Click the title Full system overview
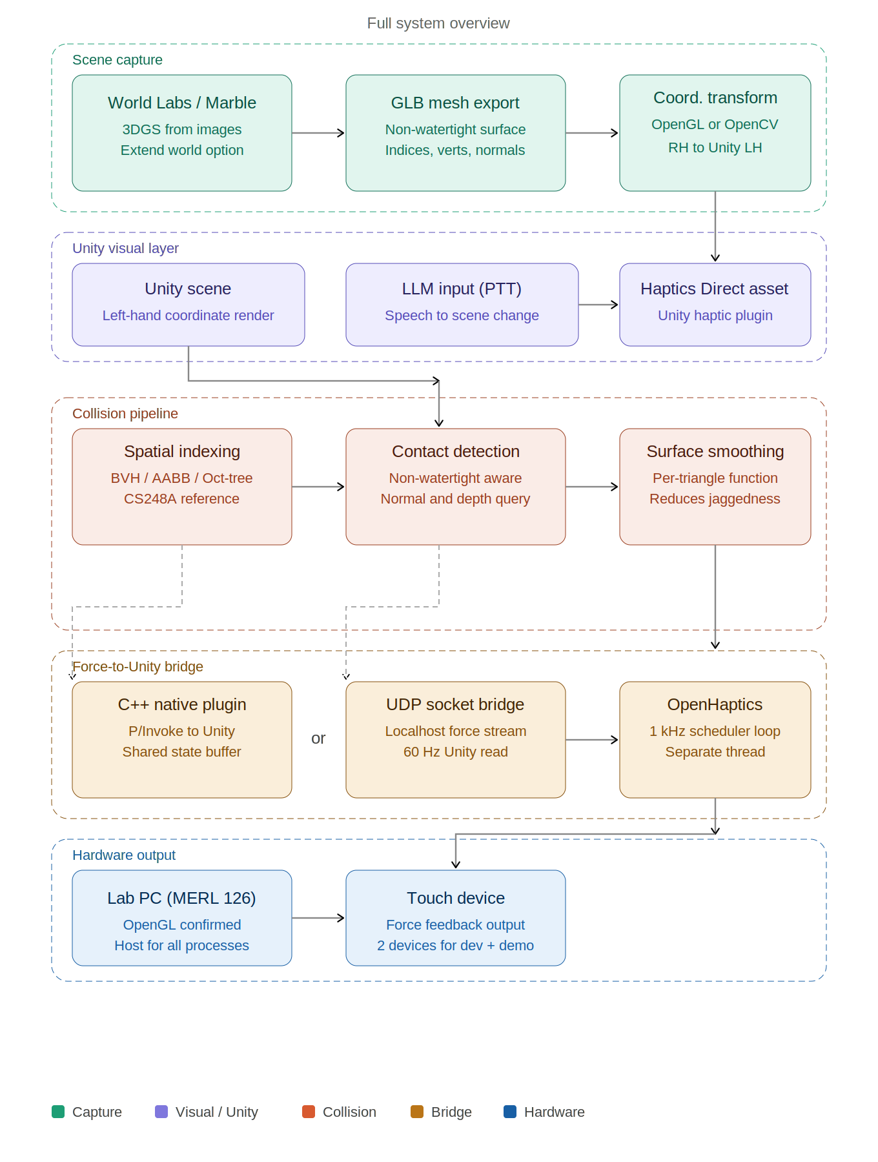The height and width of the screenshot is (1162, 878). (438, 23)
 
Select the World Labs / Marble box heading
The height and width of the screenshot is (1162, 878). (182, 103)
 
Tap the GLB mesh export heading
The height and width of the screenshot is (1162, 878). (455, 103)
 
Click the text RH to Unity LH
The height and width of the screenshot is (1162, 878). (715, 148)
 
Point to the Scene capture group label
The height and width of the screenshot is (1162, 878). (117, 60)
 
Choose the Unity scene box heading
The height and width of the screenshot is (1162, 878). (188, 289)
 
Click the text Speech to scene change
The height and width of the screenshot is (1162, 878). (462, 316)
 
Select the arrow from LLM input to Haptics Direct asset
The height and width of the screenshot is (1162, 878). (598, 305)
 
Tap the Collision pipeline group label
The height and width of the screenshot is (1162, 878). (125, 414)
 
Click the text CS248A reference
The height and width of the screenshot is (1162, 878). (181, 499)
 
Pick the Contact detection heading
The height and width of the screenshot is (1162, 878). (455, 451)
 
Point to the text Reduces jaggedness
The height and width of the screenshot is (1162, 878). (715, 499)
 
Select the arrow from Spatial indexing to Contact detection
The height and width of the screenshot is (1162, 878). (318, 487)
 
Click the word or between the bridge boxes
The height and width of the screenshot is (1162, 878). (318, 739)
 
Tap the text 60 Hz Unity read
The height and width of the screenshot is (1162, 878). (455, 752)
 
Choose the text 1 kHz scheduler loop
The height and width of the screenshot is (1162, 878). (715, 731)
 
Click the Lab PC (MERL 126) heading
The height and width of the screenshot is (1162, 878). (181, 898)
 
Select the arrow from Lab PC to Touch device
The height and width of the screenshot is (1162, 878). (318, 918)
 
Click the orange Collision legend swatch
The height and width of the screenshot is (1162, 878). (309, 1112)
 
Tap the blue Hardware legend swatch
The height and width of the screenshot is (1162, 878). (510, 1112)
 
